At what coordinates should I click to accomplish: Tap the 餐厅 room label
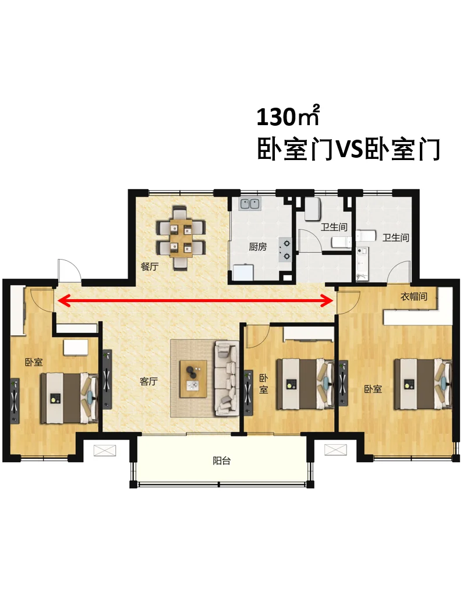click(150, 267)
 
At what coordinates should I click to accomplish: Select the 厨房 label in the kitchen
click(257, 247)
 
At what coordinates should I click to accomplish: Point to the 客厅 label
click(148, 381)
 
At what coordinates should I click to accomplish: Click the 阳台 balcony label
click(222, 460)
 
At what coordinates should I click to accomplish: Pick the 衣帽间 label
click(414, 296)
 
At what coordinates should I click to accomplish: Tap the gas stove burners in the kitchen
click(285, 249)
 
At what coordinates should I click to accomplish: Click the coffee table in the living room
click(193, 379)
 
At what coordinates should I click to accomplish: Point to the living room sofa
click(226, 377)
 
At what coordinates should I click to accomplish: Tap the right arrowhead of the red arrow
click(327, 300)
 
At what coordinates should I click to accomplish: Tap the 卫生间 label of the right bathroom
click(395, 237)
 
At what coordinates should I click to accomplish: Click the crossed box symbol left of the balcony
click(105, 450)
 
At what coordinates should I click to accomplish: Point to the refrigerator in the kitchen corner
click(243, 272)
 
